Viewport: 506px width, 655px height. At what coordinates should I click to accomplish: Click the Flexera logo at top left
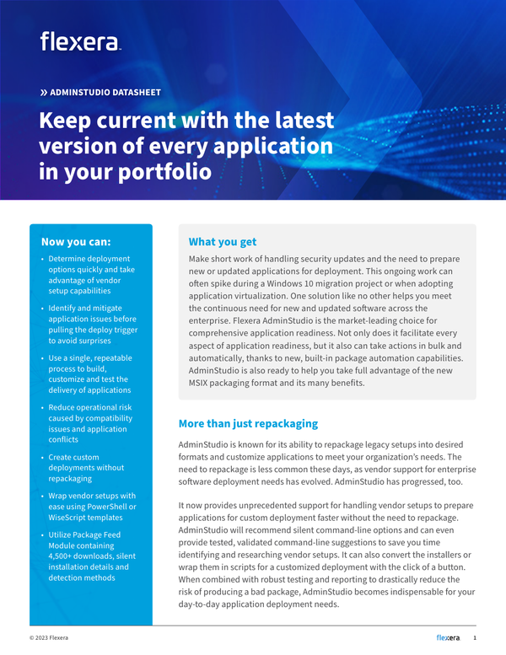coord(80,41)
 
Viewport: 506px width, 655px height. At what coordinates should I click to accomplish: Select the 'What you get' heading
coord(223,242)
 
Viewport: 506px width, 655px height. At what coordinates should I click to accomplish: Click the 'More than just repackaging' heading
coord(248,423)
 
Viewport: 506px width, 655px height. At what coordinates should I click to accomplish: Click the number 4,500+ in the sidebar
coord(66,556)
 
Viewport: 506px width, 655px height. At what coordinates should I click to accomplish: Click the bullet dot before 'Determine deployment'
coord(42,259)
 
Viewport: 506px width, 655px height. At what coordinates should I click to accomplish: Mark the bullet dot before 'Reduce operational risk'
coord(42,407)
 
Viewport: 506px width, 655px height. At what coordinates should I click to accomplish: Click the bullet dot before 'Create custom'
coord(42,457)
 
